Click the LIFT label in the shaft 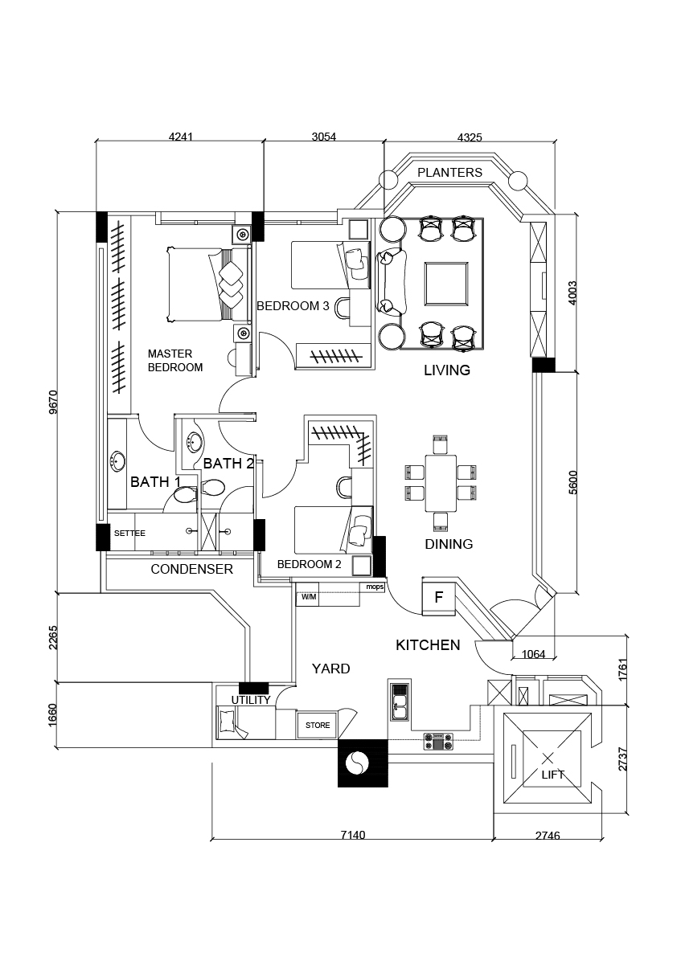coord(552,775)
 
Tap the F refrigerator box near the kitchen coord(439,597)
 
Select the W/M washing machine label coord(309,597)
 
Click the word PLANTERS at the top coord(450,172)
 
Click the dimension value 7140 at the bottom coord(352,835)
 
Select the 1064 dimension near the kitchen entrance coord(532,654)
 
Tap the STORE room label coord(318,725)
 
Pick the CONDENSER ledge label coord(192,569)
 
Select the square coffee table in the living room coord(445,284)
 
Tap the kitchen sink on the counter coord(400,701)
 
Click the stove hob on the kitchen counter coord(439,740)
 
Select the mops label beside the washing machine coord(375,587)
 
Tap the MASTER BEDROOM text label coord(175,360)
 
